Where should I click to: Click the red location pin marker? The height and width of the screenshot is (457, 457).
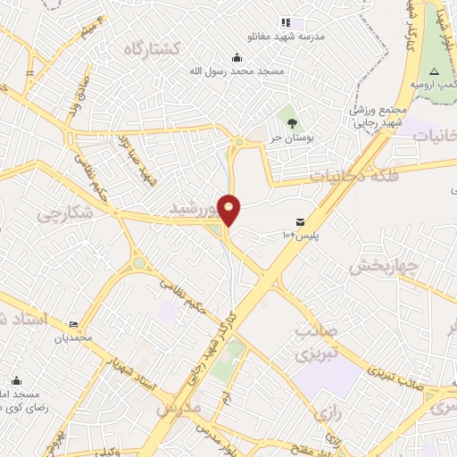click(x=229, y=211)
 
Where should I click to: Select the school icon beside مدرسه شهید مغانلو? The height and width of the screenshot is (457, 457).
click(x=286, y=22)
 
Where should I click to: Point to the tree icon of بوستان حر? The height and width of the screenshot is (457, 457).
click(x=287, y=114)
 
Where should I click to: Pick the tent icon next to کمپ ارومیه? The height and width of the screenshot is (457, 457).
click(x=434, y=70)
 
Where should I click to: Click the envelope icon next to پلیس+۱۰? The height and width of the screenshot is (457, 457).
click(x=300, y=221)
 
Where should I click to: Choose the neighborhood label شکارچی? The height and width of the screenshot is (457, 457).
click(x=65, y=214)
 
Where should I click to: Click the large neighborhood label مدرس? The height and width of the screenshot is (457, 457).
click(x=179, y=408)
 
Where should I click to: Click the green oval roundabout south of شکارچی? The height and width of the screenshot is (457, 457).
click(x=138, y=263)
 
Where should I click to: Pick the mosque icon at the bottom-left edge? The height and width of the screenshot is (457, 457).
click(x=15, y=379)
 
